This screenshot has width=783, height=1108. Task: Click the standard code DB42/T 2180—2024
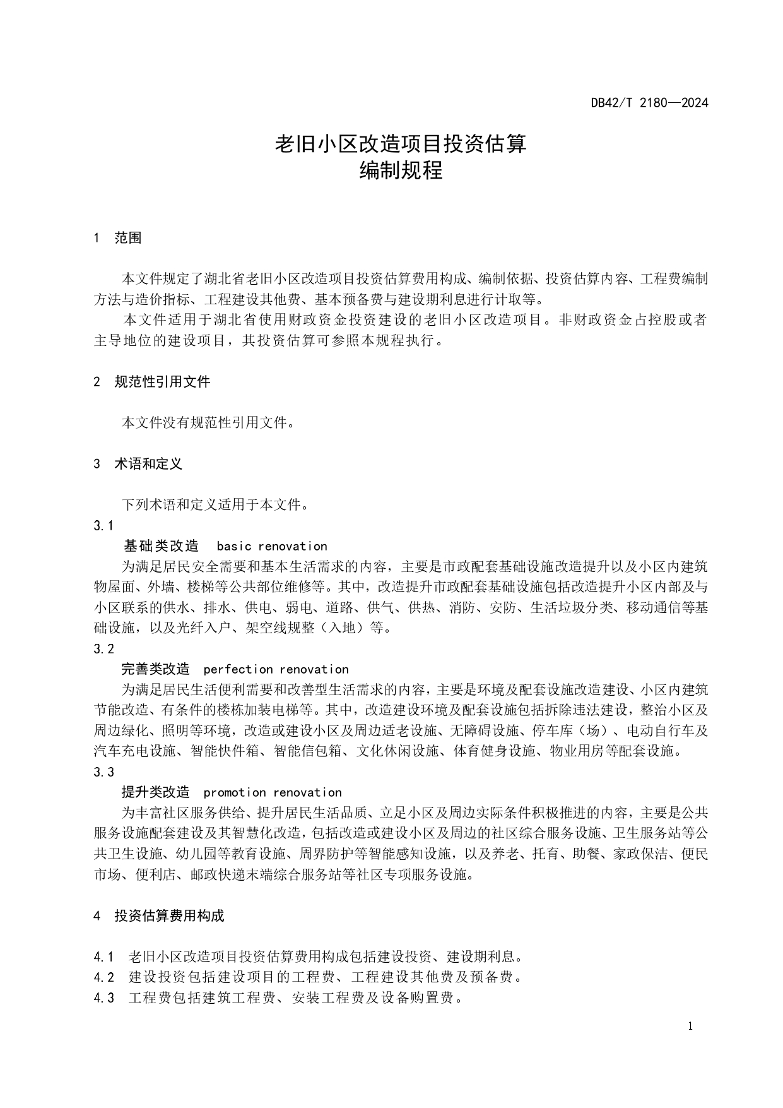click(x=649, y=102)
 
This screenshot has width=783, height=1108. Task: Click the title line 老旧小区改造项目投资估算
click(x=401, y=144)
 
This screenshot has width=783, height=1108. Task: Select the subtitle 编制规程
click(x=401, y=170)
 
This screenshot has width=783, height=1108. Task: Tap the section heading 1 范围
click(x=117, y=238)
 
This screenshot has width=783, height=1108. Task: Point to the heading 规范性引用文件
click(x=162, y=381)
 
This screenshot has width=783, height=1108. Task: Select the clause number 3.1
click(x=103, y=525)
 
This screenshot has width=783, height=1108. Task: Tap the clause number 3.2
click(x=103, y=648)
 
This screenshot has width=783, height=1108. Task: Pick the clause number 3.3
click(x=103, y=771)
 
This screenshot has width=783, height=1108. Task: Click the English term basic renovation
click(x=272, y=546)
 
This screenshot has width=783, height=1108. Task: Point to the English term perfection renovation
click(x=276, y=669)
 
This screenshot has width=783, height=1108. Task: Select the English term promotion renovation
click(x=273, y=792)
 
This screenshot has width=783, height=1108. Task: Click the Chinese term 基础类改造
click(x=161, y=546)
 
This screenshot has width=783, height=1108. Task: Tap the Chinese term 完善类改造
click(x=155, y=669)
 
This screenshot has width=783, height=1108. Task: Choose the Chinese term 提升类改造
click(x=155, y=792)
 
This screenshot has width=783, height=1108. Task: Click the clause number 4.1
click(x=103, y=956)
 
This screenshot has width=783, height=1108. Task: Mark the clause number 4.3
click(x=103, y=998)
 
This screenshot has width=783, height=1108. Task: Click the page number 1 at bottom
click(x=690, y=1026)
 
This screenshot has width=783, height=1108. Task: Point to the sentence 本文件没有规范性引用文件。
click(x=208, y=422)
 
